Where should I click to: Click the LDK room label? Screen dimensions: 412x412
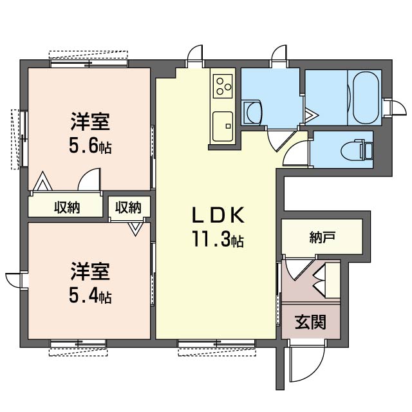coord(218,215)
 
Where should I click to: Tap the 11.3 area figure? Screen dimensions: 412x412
coord(218,239)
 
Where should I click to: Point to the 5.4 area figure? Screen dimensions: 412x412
coord(90,296)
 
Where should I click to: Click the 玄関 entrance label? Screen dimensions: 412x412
coord(310,322)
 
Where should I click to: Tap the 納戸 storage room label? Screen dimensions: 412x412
coord(322,237)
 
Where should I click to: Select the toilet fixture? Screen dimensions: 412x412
coord(357,151)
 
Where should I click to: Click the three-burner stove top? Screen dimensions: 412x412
coord(223,86)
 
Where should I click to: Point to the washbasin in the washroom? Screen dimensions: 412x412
coord(253,113)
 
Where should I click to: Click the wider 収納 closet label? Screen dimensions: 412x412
coord(67,207)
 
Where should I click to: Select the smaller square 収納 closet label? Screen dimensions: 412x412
coord(129,207)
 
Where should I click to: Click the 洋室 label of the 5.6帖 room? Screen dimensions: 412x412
coord(90,122)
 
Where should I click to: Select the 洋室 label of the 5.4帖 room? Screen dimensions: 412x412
coord(90,272)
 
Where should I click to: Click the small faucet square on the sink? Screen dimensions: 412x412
coord(228,126)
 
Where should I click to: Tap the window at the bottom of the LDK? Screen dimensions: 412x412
coord(216,343)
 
